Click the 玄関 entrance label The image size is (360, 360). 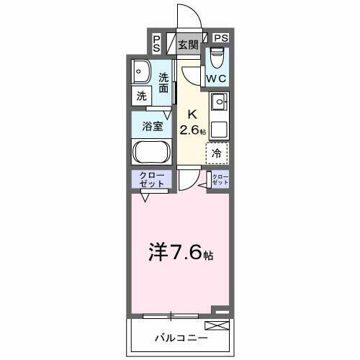pyautogui.click(x=188, y=44)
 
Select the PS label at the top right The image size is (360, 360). pyautogui.click(x=220, y=38)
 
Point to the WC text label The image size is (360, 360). pyautogui.click(x=217, y=78)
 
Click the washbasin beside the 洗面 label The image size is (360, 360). pyautogui.click(x=141, y=72)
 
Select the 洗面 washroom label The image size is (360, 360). pyautogui.click(x=164, y=84)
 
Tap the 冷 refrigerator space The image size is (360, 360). pyautogui.click(x=217, y=152)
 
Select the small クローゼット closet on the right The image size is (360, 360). pyautogui.click(x=219, y=180)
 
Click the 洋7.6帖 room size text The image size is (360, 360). pyautogui.click(x=181, y=252)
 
